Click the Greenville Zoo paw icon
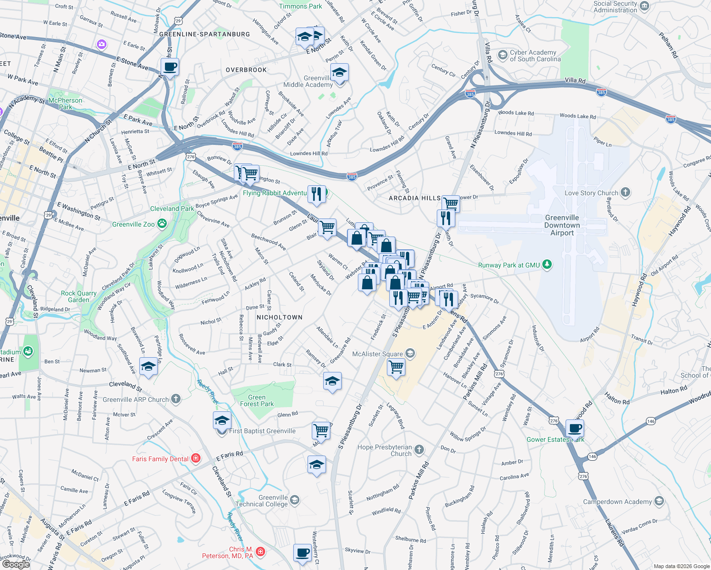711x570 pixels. tap(162, 224)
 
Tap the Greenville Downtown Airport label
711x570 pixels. tap(562, 225)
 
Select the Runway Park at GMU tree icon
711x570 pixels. tap(547, 265)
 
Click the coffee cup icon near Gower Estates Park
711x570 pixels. tap(575, 428)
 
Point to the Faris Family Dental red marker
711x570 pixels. tap(195, 458)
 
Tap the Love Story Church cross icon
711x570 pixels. tap(625, 192)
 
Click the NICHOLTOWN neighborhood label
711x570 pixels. tap(279, 317)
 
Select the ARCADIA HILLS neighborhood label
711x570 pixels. tap(414, 198)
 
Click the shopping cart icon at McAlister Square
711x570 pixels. tap(396, 367)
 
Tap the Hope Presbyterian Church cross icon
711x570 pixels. tap(419, 449)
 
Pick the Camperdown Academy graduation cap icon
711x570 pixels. tap(659, 501)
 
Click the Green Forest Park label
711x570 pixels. tap(257, 400)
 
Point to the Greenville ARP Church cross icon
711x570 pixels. tap(176, 399)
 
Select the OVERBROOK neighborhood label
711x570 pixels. tap(246, 70)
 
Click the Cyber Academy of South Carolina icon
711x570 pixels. tap(502, 55)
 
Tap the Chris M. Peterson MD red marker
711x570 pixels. tap(260, 551)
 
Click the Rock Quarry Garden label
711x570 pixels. tap(78, 296)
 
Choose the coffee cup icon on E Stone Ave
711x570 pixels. tap(170, 67)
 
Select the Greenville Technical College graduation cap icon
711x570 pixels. tap(295, 500)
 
